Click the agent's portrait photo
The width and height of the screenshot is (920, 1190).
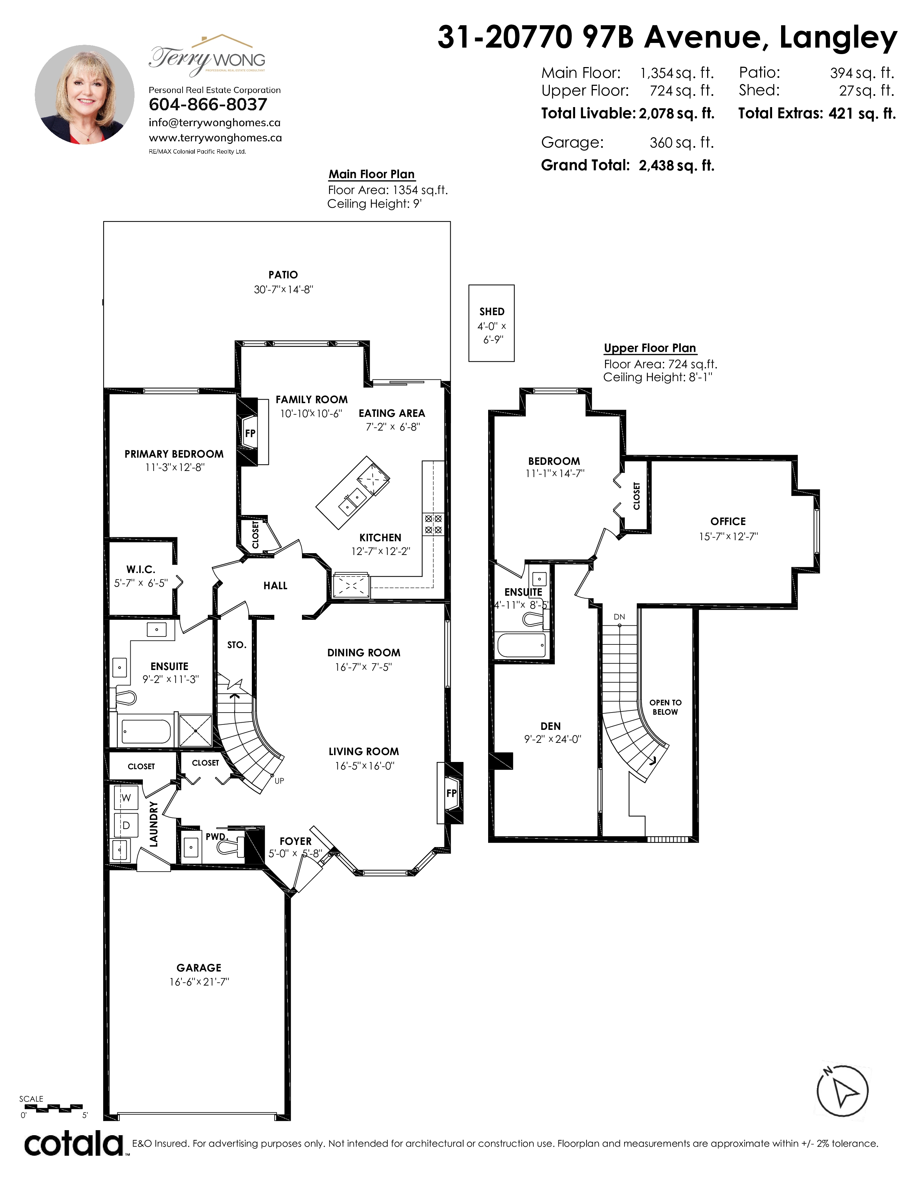84,95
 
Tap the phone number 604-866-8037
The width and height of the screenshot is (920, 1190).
208,105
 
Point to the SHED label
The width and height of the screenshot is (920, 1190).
492,312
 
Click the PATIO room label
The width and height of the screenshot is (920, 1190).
283,275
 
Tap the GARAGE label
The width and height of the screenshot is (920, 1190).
199,968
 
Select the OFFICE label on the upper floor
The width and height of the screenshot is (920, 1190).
728,521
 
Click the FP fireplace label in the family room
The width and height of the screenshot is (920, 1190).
250,434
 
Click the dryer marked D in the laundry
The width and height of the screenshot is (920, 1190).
126,825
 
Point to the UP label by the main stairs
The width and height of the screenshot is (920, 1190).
279,781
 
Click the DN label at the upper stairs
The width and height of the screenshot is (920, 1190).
619,617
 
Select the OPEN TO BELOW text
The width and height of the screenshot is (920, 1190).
666,707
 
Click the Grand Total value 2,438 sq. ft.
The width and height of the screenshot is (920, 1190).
676,166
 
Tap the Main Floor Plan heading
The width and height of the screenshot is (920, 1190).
371,175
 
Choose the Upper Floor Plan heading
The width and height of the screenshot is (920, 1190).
650,348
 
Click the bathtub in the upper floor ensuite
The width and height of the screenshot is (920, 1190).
522,645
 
